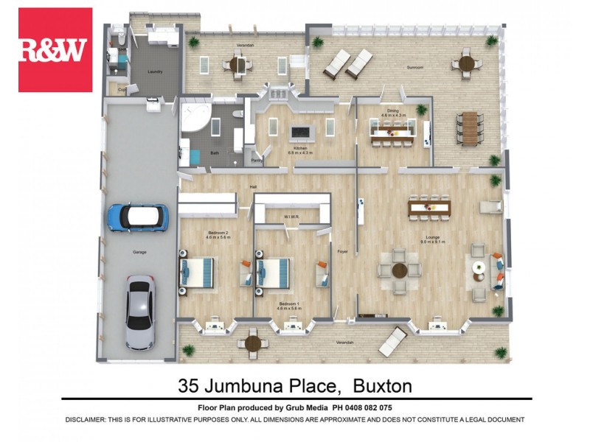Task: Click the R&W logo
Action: [55, 49]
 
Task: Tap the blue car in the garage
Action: [139, 217]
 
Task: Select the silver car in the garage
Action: [140, 312]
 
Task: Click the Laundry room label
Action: [155, 71]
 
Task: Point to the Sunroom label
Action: [415, 67]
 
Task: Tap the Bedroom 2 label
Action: [218, 233]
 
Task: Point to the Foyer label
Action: [342, 250]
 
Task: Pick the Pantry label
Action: [257, 160]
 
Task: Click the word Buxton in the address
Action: [382, 386]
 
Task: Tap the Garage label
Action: [139, 253]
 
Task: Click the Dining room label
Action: [392, 111]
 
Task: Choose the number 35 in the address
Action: [189, 386]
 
